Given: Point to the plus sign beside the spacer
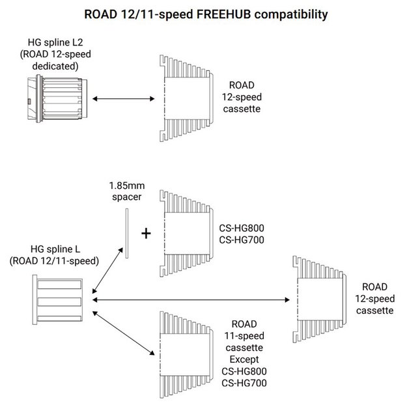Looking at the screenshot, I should coord(147,233).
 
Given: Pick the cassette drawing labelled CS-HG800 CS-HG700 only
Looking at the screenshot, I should coord(188,233).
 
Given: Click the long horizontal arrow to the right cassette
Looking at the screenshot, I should coord(192,300).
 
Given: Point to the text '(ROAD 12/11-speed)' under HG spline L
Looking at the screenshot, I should coord(55,260).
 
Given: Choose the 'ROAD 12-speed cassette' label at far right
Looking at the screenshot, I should coord(377,298).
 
